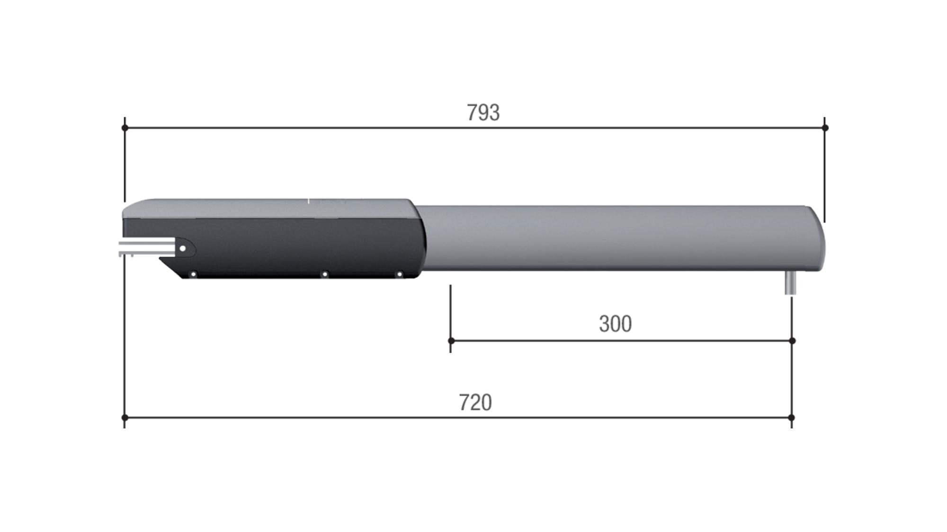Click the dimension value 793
483,113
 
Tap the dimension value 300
615,324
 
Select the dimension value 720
475,402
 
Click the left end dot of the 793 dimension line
125,128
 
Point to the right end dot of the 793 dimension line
825,128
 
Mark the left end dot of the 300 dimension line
451,340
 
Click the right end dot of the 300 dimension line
792,340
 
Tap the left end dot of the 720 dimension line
125,418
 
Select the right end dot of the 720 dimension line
792,418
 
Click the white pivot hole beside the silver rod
183,248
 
